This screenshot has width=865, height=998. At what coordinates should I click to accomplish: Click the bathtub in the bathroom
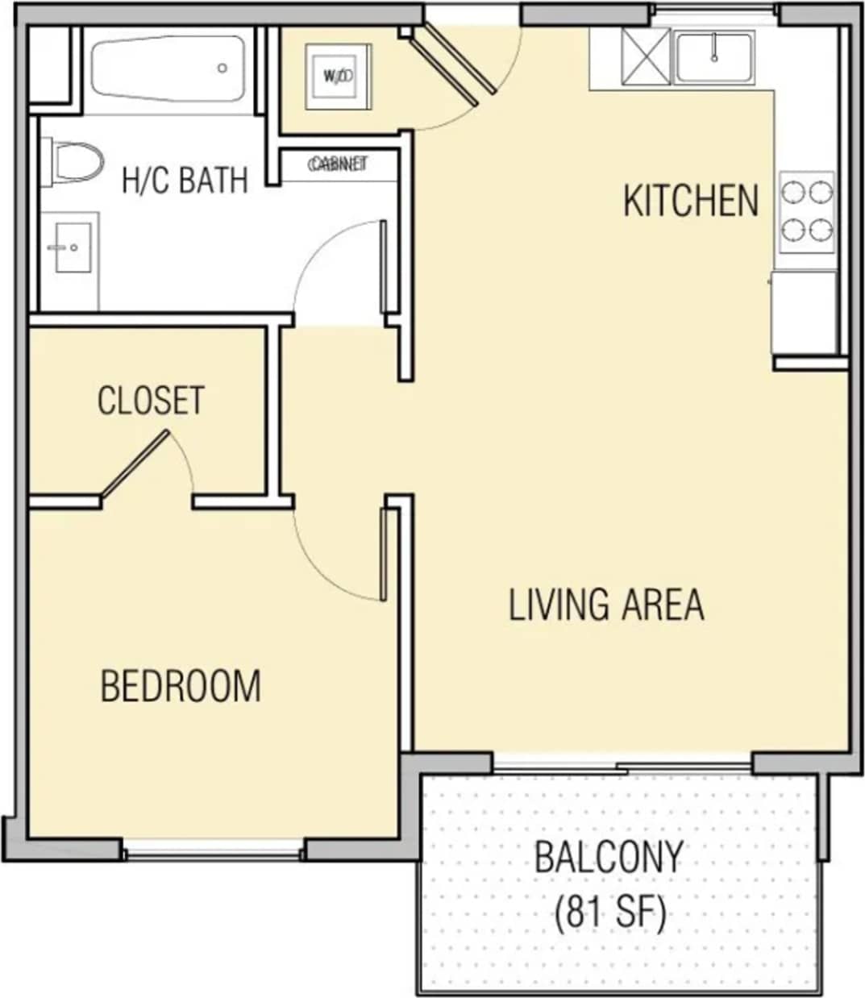(x=168, y=69)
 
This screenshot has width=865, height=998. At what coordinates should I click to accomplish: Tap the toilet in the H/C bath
(x=74, y=162)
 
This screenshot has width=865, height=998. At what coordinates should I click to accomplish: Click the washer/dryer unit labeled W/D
(x=338, y=76)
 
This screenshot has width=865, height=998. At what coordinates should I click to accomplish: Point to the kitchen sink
(x=714, y=57)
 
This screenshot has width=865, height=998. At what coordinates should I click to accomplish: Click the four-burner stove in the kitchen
(x=806, y=211)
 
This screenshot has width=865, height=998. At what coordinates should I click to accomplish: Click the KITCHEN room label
(x=691, y=201)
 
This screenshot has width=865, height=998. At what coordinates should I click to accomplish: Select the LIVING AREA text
(x=606, y=605)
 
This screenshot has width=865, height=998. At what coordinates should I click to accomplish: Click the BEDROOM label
(x=181, y=686)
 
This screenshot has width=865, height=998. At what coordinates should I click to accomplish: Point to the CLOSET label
(x=151, y=401)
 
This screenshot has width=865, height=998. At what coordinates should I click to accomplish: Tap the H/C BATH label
(x=185, y=180)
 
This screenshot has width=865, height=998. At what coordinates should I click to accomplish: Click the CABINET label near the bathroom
(x=338, y=164)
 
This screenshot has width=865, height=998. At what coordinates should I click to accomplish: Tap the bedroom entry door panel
(x=384, y=553)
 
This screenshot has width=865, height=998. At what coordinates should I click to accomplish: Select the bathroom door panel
(x=384, y=266)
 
